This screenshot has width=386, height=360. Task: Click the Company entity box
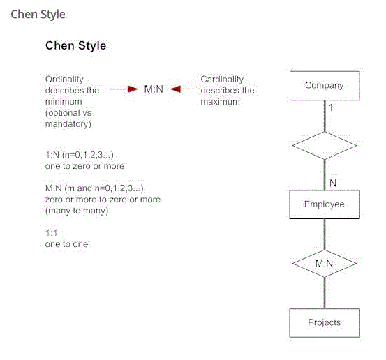tap(325, 86)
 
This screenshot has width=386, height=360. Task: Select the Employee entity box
tap(325, 204)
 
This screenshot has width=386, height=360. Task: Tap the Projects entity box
tap(325, 323)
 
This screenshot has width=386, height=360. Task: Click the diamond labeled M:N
tap(325, 264)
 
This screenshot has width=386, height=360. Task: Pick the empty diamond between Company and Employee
tap(325, 145)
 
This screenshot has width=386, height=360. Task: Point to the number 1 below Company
tap(331, 107)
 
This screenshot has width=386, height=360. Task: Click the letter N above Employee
tap(333, 183)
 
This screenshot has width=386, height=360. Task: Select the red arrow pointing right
tap(123, 89)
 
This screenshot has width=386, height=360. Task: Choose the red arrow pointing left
tap(183, 89)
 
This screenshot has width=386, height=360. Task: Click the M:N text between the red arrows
tap(154, 89)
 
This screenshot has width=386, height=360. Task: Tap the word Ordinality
tap(64, 80)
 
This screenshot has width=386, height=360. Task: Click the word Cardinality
tap(222, 80)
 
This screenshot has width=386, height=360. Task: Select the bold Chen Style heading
tap(76, 46)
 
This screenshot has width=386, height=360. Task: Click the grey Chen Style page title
tap(38, 14)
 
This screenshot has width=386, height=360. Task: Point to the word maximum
tap(220, 102)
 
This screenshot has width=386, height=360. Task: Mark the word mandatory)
tap(68, 124)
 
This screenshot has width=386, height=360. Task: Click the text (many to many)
tap(77, 211)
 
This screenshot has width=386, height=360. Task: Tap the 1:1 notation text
tap(51, 232)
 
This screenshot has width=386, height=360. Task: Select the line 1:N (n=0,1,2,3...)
tap(80, 155)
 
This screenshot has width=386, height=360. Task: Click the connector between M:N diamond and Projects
tap(325, 293)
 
